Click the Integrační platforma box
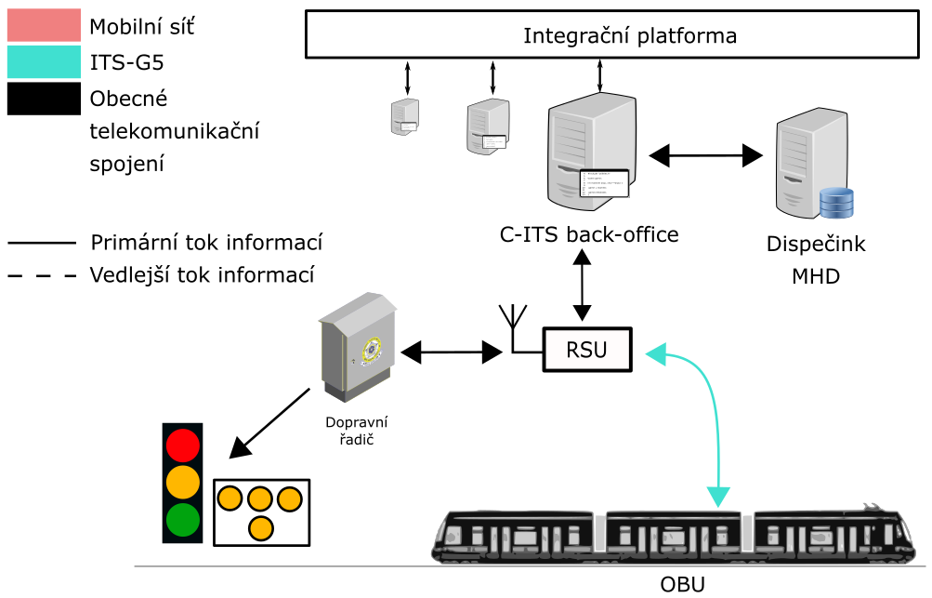(x=610, y=36)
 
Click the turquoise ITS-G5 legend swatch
(x=44, y=62)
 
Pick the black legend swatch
(x=44, y=99)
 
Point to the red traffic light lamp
(x=182, y=445)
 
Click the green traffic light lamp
(x=182, y=520)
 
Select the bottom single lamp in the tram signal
(x=261, y=528)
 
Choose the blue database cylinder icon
(x=835, y=201)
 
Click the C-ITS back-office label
(x=588, y=235)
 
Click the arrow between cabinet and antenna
(x=451, y=352)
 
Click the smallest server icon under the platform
(x=404, y=116)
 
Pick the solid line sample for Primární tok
(x=42, y=244)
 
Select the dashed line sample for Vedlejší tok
(x=42, y=276)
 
